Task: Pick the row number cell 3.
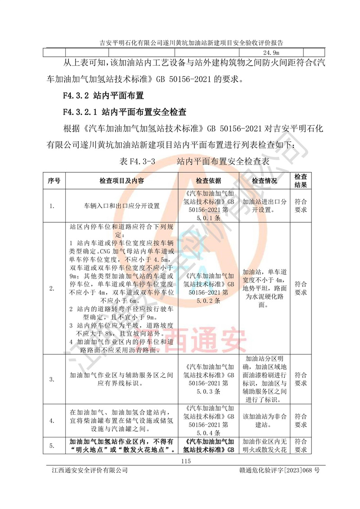coord(52,379)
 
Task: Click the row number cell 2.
coord(52,288)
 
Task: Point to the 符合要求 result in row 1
coord(301,206)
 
